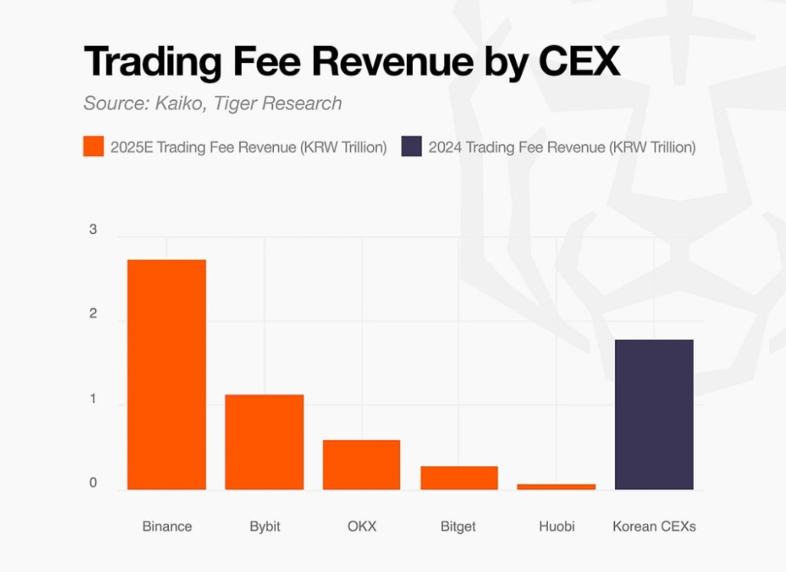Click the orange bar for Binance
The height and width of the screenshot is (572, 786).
(167, 375)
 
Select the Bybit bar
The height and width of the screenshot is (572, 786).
(264, 442)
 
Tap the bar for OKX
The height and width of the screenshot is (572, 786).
(361, 465)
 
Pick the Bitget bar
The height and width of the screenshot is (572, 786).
(459, 478)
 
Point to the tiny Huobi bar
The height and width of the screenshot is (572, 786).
(556, 487)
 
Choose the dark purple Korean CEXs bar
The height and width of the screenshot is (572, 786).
(654, 415)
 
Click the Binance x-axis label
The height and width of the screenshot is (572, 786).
(167, 527)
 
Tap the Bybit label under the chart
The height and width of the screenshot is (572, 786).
(265, 527)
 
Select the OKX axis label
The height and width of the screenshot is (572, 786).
(362, 527)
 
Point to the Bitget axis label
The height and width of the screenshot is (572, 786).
(458, 527)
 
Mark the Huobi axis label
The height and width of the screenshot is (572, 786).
(556, 527)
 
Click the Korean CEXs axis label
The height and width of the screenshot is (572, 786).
(654, 527)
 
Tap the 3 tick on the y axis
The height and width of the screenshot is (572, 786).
(93, 230)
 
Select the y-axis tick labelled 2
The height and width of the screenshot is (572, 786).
(93, 314)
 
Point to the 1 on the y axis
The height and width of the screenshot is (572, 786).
(93, 399)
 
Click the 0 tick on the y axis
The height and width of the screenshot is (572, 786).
(93, 484)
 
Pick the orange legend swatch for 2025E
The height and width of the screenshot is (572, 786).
(93, 147)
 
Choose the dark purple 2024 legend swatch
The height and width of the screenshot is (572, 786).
(411, 147)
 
